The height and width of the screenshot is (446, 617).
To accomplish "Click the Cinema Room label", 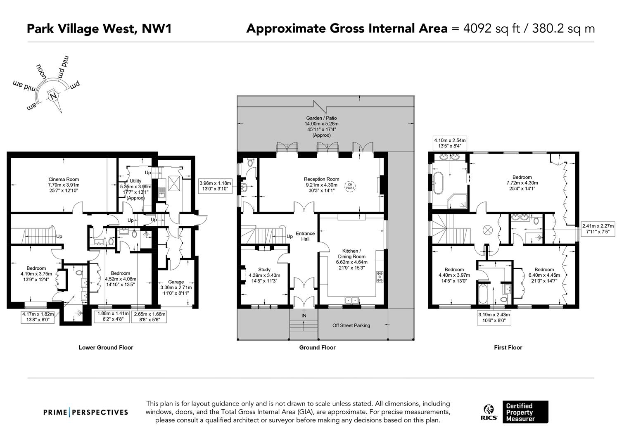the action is click(x=64, y=179).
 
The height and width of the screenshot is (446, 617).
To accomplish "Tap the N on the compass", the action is click(x=53, y=96).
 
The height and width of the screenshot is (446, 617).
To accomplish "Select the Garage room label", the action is click(x=176, y=282).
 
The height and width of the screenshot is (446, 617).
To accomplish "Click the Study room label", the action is click(x=264, y=269).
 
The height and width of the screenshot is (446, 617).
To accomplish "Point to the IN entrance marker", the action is click(x=304, y=316).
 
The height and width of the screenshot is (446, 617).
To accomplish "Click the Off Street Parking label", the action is click(x=351, y=325).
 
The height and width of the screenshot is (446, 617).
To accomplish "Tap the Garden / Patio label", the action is click(x=321, y=118).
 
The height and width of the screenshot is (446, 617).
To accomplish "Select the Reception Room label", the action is click(x=321, y=179).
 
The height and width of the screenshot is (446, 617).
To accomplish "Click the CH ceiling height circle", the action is click(x=350, y=186).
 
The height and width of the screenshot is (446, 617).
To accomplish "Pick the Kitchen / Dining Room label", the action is click(x=352, y=254).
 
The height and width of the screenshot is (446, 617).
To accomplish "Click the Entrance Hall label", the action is click(x=305, y=236).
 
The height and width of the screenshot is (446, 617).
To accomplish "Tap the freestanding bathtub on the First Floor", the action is click(x=438, y=183).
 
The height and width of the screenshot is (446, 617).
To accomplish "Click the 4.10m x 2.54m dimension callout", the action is click(x=450, y=143).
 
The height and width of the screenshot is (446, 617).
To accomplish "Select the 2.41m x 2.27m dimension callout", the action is click(x=598, y=229).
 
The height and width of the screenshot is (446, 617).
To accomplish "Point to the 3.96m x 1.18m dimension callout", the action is click(x=215, y=186).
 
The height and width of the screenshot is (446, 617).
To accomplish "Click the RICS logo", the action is click(x=489, y=412).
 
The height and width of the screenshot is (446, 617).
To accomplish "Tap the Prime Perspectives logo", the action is click(x=85, y=413).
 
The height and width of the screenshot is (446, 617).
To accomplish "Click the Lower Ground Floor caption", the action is click(x=106, y=347).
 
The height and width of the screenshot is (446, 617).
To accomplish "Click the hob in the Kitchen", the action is click(x=380, y=276).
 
